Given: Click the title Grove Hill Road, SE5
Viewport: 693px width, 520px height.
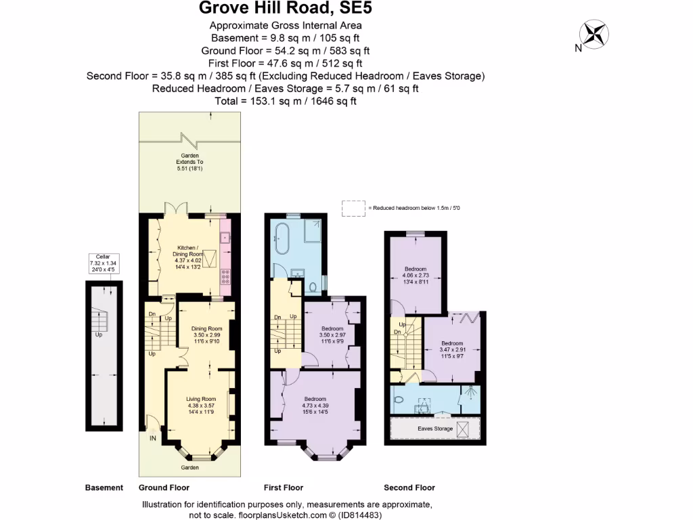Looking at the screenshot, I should (285, 9).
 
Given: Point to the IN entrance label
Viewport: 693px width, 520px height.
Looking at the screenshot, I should (152, 439).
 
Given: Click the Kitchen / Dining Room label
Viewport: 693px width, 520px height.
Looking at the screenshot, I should (189, 256).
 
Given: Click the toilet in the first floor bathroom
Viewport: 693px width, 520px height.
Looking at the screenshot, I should (313, 287).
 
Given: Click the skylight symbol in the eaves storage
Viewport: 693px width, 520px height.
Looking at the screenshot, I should (464, 429).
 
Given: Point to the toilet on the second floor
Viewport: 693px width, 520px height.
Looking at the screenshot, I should (399, 399).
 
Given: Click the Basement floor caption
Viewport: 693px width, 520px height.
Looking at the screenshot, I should (104, 487).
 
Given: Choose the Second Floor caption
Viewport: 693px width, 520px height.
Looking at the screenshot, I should (409, 487).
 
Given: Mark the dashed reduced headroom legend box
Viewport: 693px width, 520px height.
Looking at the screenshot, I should (353, 207).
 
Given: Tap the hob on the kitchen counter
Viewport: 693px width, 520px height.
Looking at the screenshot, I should (225, 276).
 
